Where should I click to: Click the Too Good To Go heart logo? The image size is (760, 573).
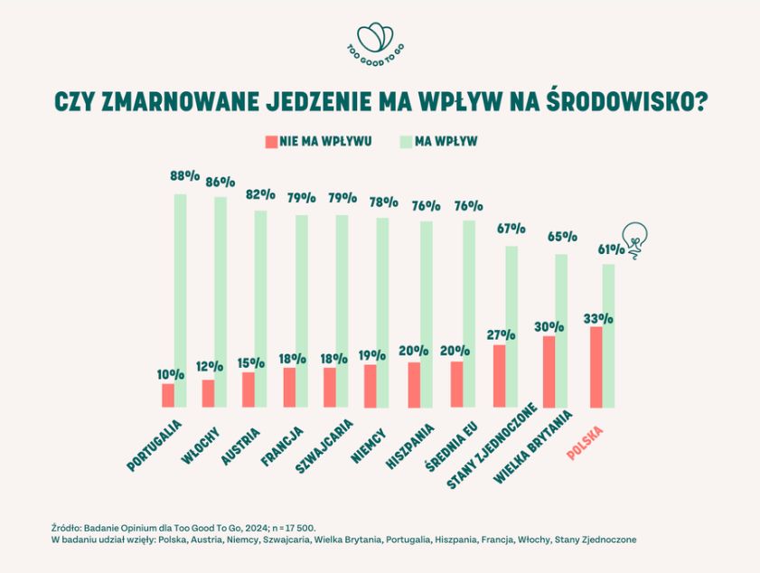[376, 40]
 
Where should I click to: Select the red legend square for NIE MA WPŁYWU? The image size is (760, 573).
[270, 142]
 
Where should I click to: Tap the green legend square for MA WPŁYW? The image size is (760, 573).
[406, 142]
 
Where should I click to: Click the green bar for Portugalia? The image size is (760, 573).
[181, 300]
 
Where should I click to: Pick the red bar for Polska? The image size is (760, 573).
[596, 366]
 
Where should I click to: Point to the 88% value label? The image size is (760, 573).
[184, 177]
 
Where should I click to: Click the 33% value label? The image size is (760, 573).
[598, 319]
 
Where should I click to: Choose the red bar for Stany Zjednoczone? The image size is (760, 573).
[500, 375]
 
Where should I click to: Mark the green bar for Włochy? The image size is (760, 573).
[220, 302]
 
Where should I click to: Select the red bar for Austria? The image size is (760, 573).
[249, 390]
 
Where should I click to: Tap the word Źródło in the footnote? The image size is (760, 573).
[68, 526]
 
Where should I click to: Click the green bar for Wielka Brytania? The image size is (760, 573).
[561, 330]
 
